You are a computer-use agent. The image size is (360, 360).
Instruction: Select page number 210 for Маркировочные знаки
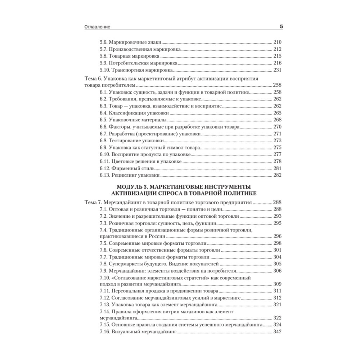click(x=278, y=41)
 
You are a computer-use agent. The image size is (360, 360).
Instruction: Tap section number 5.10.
click(x=105, y=70)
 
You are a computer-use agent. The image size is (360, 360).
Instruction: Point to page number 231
click(x=278, y=70)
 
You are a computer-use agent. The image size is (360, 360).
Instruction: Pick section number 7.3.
click(x=103, y=223)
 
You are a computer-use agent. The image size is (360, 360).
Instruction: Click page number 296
click(x=278, y=237)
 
